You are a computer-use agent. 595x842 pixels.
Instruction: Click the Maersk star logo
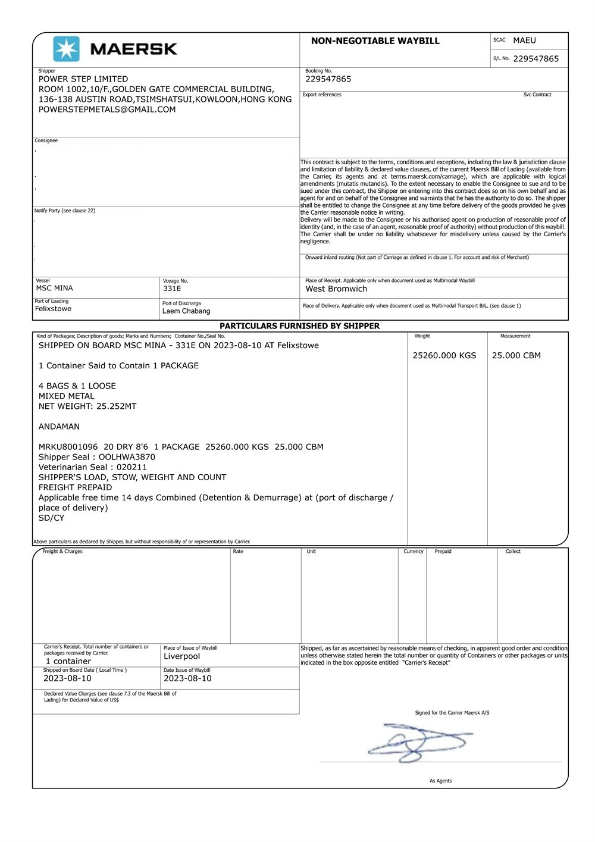pyautogui.click(x=66, y=49)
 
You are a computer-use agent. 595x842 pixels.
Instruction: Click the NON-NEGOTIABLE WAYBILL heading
pyautogui.click(x=375, y=41)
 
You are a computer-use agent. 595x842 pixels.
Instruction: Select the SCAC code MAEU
pyautogui.click(x=524, y=40)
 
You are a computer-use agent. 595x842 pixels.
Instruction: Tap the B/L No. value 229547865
pyautogui.click(x=535, y=59)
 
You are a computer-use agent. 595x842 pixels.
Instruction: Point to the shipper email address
pyautogui.click(x=107, y=109)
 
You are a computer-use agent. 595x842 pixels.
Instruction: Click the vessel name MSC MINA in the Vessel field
pyautogui.click(x=55, y=288)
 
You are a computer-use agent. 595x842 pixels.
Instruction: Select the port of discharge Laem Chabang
pyautogui.click(x=186, y=311)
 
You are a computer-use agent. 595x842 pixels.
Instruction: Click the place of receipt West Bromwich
pyautogui.click(x=336, y=289)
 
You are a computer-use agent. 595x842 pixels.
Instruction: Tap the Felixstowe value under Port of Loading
pyautogui.click(x=53, y=309)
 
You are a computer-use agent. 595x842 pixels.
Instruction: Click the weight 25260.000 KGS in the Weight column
pyautogui.click(x=444, y=356)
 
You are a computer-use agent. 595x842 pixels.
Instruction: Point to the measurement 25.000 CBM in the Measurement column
pyautogui.click(x=516, y=356)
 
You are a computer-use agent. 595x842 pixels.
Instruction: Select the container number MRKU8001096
pyautogui.click(x=68, y=447)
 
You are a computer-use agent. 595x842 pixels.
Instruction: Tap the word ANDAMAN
pyautogui.click(x=59, y=427)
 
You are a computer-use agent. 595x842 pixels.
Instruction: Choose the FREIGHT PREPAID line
pyautogui.click(x=75, y=487)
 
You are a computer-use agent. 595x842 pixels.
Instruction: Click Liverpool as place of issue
pyautogui.click(x=181, y=656)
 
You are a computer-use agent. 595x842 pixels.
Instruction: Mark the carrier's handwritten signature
pyautogui.click(x=419, y=741)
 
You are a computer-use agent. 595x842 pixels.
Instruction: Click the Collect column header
pyautogui.click(x=513, y=552)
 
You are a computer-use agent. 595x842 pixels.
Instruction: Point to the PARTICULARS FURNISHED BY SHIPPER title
pyautogui.click(x=299, y=326)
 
